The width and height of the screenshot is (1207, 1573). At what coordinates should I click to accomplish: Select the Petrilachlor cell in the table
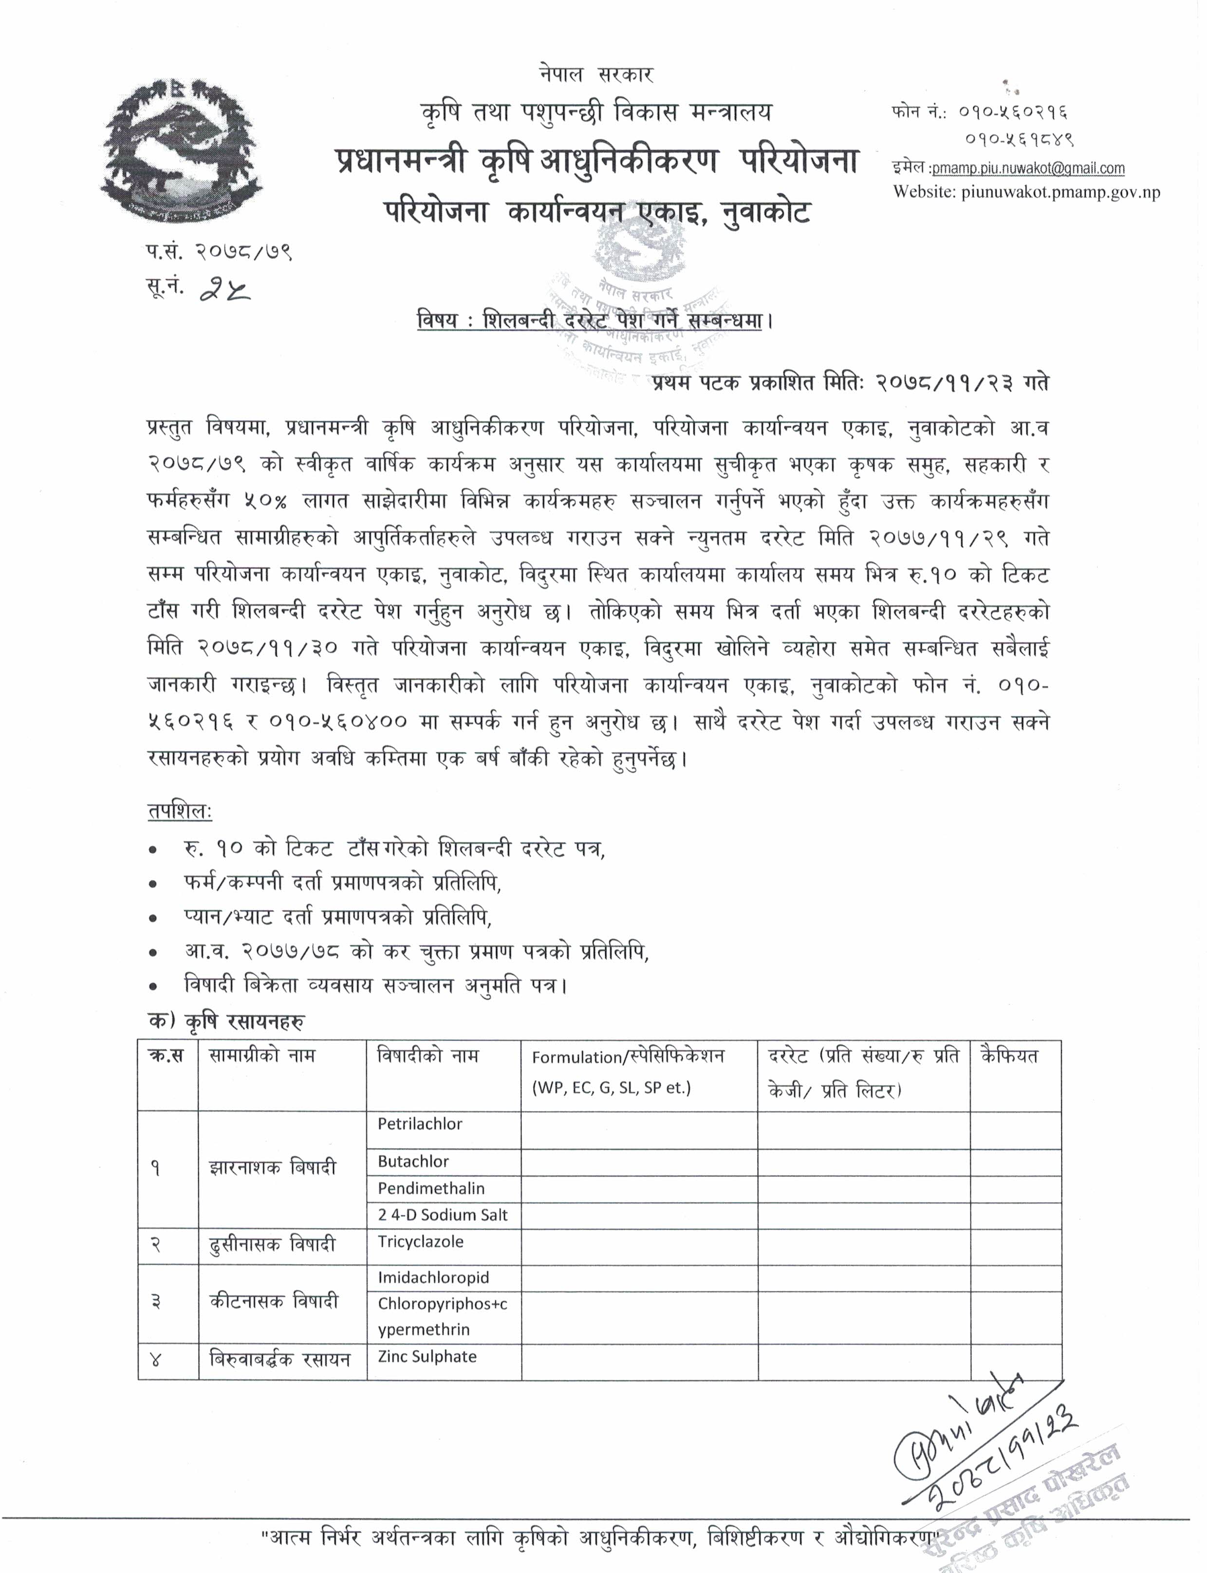click(x=420, y=1124)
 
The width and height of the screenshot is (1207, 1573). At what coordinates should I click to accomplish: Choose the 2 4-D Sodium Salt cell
click(x=443, y=1215)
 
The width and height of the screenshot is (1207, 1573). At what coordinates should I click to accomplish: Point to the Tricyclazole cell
click(x=421, y=1242)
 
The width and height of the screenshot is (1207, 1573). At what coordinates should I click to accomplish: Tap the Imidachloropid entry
click(x=433, y=1277)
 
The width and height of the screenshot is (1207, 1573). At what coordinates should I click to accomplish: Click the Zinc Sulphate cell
click(x=427, y=1357)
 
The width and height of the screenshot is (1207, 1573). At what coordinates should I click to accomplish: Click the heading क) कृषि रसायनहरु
click(x=225, y=1022)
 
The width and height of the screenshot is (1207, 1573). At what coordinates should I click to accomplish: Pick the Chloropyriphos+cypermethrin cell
click(x=443, y=1316)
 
